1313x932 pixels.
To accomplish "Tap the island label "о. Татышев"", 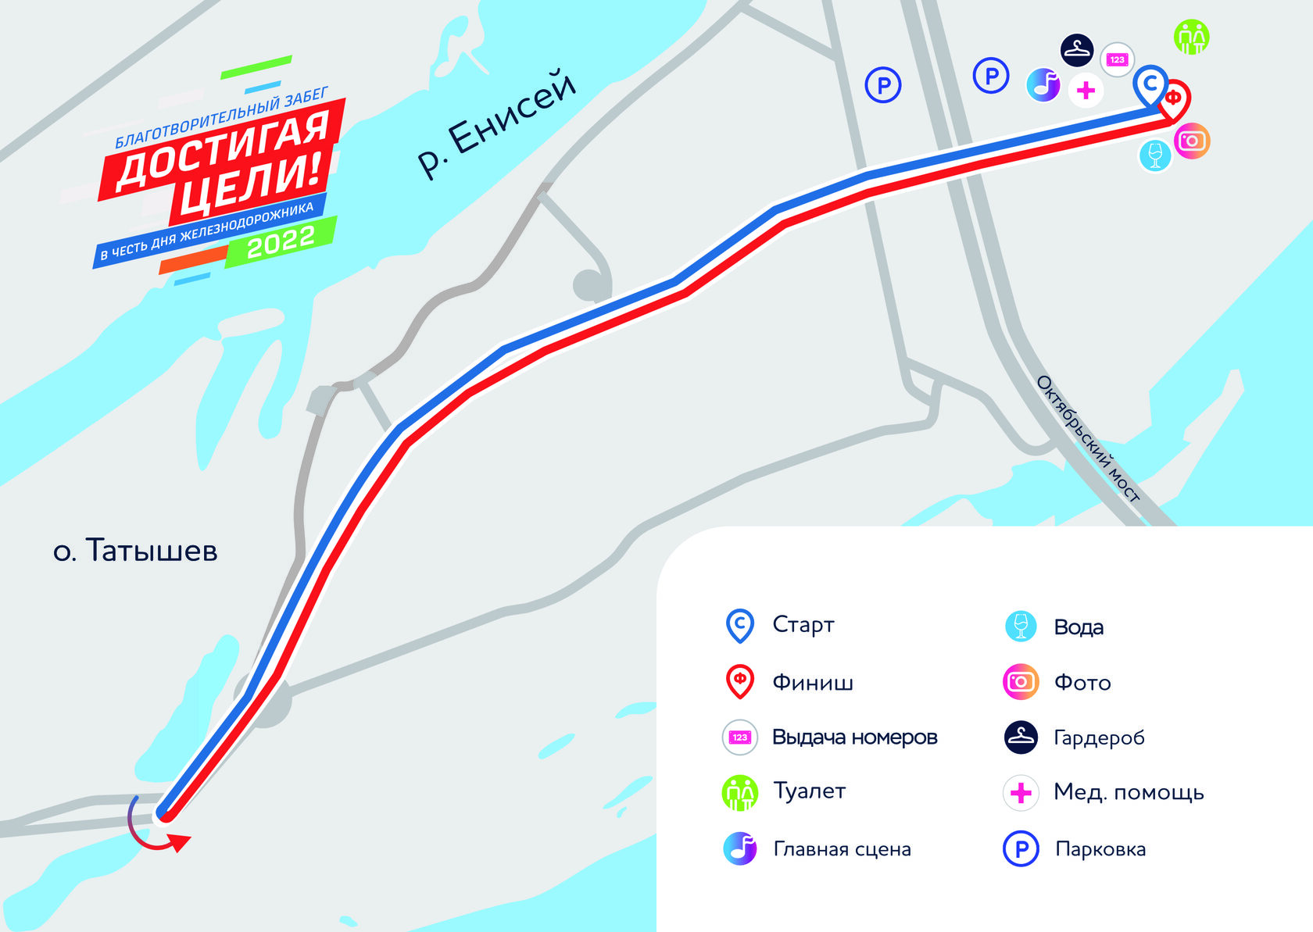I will click(135, 551).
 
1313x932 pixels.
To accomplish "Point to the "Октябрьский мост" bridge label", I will click(1087, 437).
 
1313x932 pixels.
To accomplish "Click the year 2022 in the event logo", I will click(281, 241).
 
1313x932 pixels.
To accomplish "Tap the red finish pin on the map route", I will click(1173, 99).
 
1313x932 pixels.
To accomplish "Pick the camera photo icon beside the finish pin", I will click(1192, 141).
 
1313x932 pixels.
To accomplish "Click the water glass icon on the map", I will click(1155, 154).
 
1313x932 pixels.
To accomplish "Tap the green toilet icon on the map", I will click(1191, 37).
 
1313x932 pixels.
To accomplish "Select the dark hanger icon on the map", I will click(1077, 50).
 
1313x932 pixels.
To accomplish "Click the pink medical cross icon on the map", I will click(1086, 91).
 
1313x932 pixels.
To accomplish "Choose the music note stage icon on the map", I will click(1043, 84).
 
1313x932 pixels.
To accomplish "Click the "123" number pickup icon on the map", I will click(1117, 59).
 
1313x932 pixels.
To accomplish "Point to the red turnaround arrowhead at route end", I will click(181, 843).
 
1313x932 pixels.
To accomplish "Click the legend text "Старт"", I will click(803, 625).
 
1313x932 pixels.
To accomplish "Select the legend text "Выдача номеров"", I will click(854, 737).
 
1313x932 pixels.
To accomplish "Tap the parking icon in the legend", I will click(1021, 849).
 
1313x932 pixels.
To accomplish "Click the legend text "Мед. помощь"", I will click(1129, 792).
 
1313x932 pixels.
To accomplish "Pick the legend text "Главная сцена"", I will click(842, 849).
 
